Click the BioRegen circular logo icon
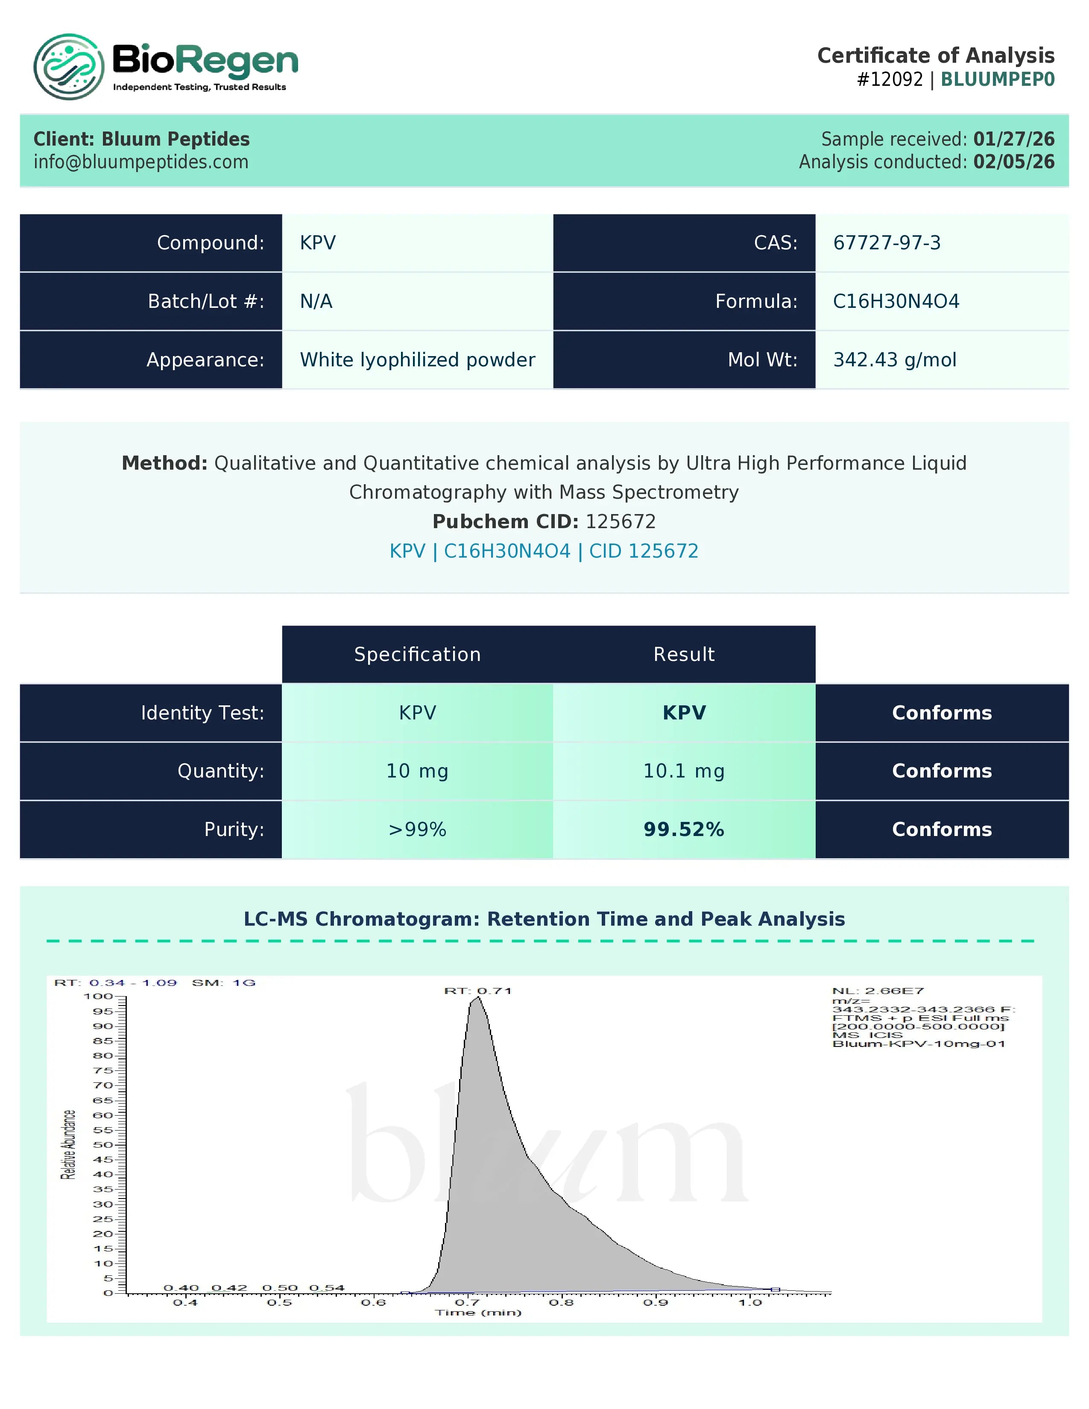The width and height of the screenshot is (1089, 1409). [68, 67]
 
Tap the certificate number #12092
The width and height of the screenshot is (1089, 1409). [890, 79]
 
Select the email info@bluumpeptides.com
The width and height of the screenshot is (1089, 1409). [141, 162]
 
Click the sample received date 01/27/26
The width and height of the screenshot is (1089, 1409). [1013, 139]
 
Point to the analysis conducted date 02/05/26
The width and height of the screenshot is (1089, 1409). [1013, 162]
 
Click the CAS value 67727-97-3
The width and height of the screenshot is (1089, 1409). [887, 243]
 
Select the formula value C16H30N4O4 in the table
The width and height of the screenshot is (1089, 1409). [896, 301]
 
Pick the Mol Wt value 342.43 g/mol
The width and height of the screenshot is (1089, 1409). [894, 360]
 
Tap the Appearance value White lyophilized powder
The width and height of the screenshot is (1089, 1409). [417, 360]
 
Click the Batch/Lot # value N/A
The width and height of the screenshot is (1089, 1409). [316, 301]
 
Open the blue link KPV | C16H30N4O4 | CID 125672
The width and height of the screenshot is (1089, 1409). [544, 551]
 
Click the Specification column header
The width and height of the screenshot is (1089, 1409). [417, 654]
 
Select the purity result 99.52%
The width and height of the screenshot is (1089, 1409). [684, 830]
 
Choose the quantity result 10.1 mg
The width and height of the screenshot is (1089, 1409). [684, 771]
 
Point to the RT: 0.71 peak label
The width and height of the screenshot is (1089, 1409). [477, 991]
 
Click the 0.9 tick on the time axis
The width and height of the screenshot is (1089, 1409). [656, 1303]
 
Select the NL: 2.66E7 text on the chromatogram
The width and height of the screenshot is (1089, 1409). [878, 991]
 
